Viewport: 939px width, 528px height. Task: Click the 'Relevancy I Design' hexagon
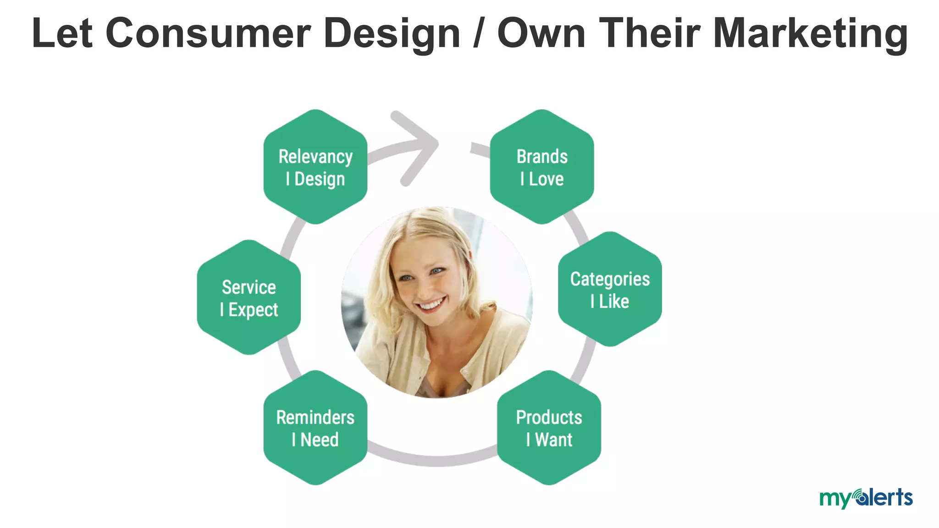click(315, 167)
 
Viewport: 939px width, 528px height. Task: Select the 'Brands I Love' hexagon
click(542, 167)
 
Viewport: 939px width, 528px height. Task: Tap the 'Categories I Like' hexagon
click(610, 289)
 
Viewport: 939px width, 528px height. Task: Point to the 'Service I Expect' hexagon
click(249, 297)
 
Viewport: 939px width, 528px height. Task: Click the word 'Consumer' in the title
click(208, 33)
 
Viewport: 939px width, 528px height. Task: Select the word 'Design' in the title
click(392, 33)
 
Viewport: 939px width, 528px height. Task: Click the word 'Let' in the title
click(62, 33)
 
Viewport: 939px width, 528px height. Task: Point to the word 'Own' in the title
click(541, 33)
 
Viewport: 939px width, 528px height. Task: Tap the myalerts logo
click(866, 498)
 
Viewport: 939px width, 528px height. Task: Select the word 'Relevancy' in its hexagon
click(315, 156)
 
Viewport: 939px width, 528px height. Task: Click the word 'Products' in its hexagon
click(549, 417)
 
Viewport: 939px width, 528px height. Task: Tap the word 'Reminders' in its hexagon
click(315, 417)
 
